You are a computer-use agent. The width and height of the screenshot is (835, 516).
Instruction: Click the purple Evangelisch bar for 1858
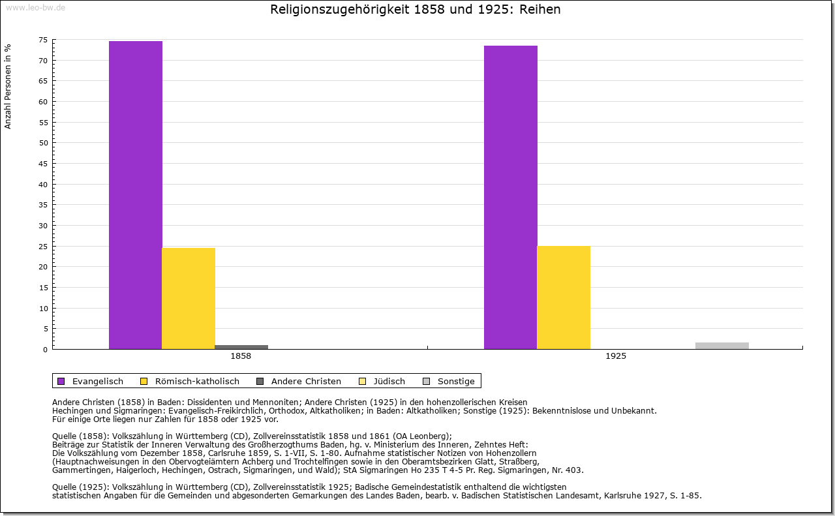tap(136, 195)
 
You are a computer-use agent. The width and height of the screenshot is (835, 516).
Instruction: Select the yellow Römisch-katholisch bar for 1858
tap(189, 298)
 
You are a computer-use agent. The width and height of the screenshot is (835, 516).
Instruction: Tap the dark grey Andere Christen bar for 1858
tap(241, 346)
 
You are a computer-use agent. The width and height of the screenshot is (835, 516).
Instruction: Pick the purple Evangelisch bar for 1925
tap(511, 197)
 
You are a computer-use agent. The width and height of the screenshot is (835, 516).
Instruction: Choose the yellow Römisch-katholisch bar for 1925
tap(564, 297)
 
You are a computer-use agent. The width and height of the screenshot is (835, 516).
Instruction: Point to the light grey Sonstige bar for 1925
tap(722, 345)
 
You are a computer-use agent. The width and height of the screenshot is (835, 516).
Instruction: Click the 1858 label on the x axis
tap(241, 357)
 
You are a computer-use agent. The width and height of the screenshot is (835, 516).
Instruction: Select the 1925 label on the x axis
tap(616, 357)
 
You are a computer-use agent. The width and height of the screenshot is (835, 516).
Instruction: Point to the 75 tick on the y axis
tap(43, 40)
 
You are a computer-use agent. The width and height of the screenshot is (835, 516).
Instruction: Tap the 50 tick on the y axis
tap(43, 143)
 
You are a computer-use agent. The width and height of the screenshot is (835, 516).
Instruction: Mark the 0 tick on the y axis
tap(45, 350)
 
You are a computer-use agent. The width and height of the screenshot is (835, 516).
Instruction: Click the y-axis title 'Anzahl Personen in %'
tap(8, 86)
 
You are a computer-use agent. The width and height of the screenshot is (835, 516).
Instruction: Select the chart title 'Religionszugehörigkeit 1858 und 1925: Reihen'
tap(416, 10)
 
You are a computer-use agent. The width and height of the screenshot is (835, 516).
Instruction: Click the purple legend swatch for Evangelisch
tap(61, 381)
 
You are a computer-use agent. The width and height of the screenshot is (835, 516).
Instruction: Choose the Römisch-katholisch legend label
tap(197, 381)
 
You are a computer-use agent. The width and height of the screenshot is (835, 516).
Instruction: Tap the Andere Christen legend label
tap(306, 381)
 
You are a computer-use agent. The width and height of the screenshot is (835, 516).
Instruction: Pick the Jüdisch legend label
tap(389, 381)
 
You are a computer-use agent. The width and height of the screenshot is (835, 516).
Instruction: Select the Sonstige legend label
tap(456, 381)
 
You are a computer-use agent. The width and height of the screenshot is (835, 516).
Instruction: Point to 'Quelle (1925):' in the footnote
tap(81, 487)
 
